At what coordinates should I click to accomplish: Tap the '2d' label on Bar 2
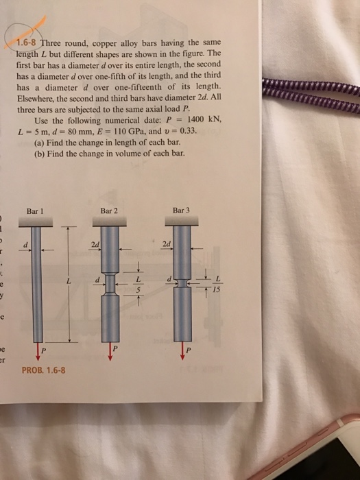[95, 243]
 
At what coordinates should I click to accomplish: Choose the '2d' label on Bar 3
[167, 243]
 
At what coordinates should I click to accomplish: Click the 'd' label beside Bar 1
[25, 245]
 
